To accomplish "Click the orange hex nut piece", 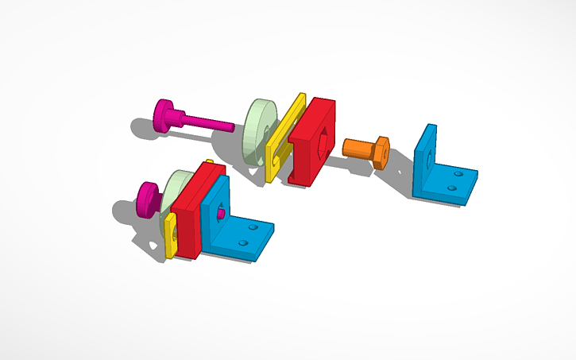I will coord(368,150).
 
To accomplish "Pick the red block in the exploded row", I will coord(314,139).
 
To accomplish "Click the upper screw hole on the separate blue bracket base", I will coord(459,171).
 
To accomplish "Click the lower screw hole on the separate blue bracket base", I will coord(451,188).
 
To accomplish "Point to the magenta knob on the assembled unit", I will coord(148,199).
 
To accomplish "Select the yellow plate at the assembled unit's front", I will coord(170,236).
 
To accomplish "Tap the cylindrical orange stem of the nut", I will coord(355,148).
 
